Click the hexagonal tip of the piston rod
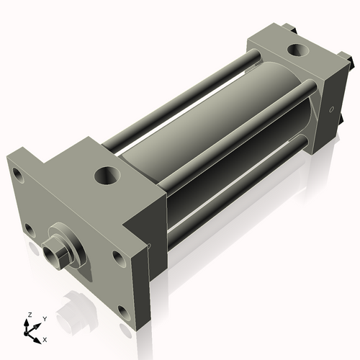pos(51,255)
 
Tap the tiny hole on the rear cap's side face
pos(332,109)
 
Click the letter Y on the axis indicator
pos(44,318)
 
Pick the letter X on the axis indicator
pos(45,338)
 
